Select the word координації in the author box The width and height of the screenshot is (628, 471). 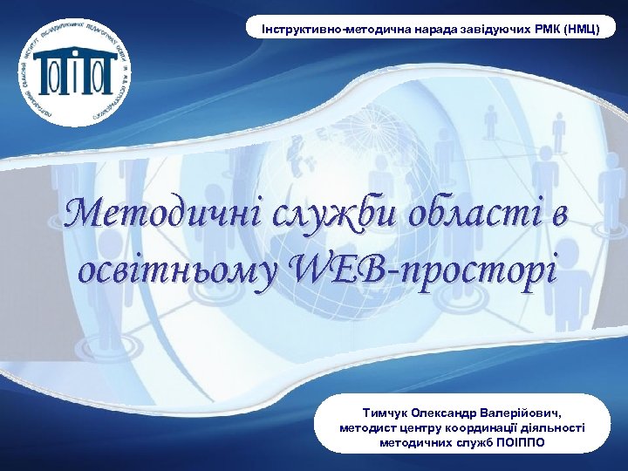pos(481,427)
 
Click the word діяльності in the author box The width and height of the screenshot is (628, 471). pos(556,427)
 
